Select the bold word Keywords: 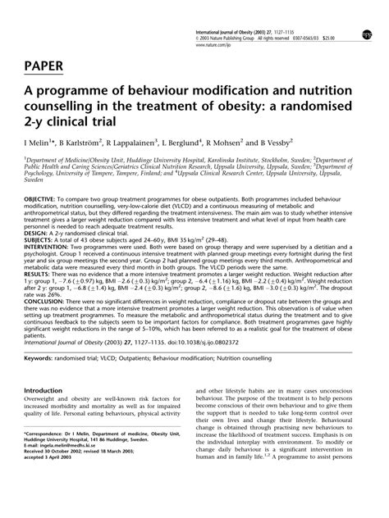(44, 381)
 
